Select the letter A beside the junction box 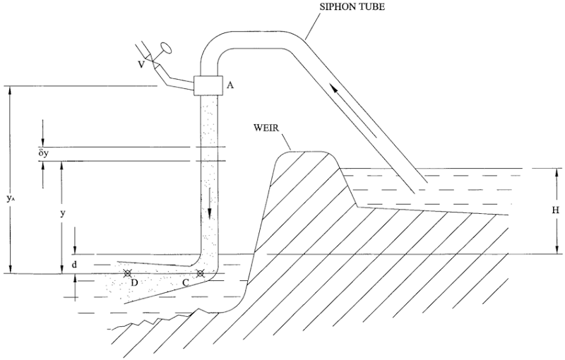(x=230, y=85)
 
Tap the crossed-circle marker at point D (x=128, y=273)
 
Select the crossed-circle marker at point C (x=201, y=273)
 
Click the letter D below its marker (x=132, y=284)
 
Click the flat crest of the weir (x=307, y=152)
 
